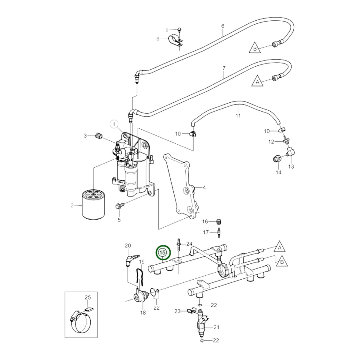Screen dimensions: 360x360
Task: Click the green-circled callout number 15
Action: (163, 253)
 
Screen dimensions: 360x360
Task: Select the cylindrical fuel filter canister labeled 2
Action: (93, 205)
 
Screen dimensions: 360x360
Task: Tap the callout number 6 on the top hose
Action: (223, 26)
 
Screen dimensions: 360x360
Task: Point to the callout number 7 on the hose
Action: (224, 68)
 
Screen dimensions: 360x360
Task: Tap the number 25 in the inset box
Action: (88, 297)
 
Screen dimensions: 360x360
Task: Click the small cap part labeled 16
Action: (219, 222)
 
